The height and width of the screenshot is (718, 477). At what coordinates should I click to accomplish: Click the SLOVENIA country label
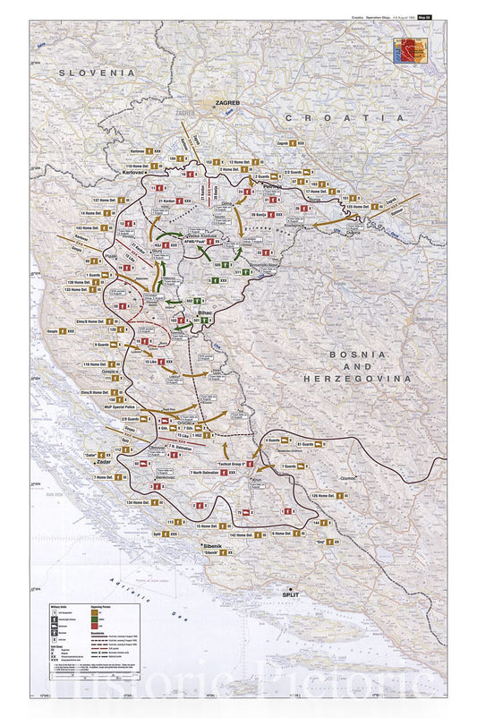click(x=96, y=72)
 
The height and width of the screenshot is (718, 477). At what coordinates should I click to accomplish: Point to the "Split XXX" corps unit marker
click(x=165, y=534)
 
